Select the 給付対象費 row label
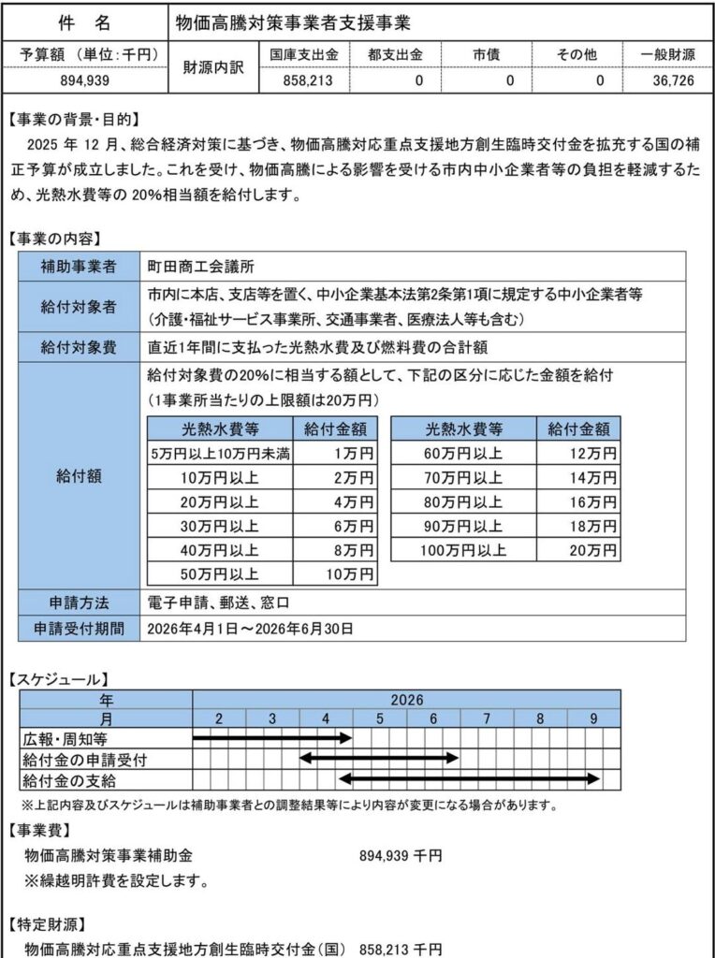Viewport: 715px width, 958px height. (79, 347)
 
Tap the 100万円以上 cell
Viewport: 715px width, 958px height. (463, 551)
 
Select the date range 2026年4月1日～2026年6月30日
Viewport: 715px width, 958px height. (251, 628)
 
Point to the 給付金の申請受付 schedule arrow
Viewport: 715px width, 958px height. (379, 758)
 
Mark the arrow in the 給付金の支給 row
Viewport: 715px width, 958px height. (468, 777)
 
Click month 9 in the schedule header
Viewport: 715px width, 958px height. (593, 718)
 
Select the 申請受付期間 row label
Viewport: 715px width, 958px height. (79, 628)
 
